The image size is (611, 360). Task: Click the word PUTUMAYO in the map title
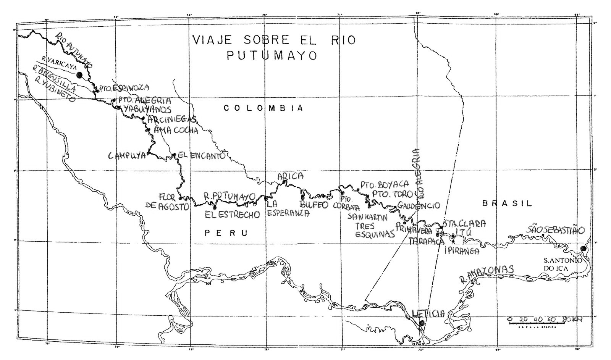(x=272, y=56)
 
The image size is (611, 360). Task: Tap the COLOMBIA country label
(x=263, y=108)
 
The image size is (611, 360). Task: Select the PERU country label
(x=226, y=233)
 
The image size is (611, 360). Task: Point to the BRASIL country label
(x=507, y=203)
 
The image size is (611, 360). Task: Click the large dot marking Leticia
(x=422, y=323)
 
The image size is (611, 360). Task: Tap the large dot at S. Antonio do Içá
(x=583, y=249)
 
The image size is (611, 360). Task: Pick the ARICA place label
(x=291, y=176)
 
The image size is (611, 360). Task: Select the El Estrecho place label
(x=232, y=215)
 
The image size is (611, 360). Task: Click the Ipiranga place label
(x=462, y=251)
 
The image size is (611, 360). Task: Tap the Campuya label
(x=128, y=156)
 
